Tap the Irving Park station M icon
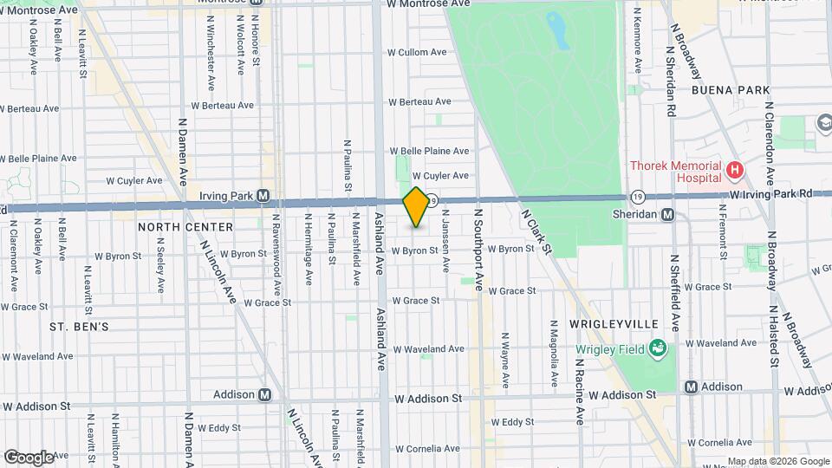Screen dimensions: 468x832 point(263,196)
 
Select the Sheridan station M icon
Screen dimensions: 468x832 point(667,215)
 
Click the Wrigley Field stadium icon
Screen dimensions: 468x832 point(659,349)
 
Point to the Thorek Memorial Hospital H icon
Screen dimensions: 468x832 point(735,170)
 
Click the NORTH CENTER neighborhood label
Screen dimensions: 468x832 point(185,227)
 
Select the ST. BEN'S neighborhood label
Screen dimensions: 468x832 point(79,327)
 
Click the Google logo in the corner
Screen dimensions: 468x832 point(29,457)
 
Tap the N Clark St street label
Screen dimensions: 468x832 point(536,230)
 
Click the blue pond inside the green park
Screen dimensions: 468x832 point(559,30)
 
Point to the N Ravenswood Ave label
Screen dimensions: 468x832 point(276,251)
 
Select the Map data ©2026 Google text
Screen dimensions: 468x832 point(777,461)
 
